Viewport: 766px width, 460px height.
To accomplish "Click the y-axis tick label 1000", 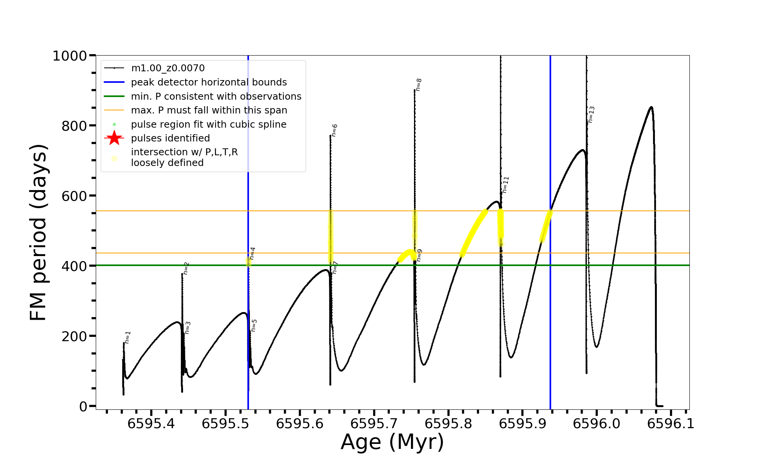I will pyautogui.click(x=70, y=56).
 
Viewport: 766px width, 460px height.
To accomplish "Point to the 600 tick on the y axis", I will pyautogui.click(x=74, y=196).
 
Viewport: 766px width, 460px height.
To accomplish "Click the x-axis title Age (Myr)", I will pyautogui.click(x=392, y=442).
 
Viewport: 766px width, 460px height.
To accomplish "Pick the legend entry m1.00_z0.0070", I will pyautogui.click(x=168, y=68).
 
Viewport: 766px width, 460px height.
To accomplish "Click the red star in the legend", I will pyautogui.click(x=114, y=138).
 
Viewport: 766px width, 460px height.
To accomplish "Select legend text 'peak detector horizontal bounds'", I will pyautogui.click(x=209, y=82).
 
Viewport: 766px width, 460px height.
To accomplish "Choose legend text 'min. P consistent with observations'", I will pyautogui.click(x=216, y=96).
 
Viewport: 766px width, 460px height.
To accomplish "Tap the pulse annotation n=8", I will pyautogui.click(x=419, y=85).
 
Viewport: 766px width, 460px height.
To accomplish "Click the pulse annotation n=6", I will pyautogui.click(x=334, y=130).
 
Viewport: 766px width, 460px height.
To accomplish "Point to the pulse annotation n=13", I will pyautogui.click(x=591, y=115).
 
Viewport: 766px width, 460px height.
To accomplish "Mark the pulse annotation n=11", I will pyautogui.click(x=506, y=185).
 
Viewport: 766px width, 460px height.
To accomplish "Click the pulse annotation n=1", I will pyautogui.click(x=128, y=337).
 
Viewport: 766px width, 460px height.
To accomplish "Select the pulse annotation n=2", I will pyautogui.click(x=186, y=268).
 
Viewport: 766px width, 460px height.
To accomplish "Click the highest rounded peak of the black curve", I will pyautogui.click(x=651, y=107).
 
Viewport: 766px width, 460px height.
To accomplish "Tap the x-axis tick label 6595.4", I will pyautogui.click(x=151, y=424).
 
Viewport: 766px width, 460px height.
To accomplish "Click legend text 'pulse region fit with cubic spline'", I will pyautogui.click(x=208, y=125).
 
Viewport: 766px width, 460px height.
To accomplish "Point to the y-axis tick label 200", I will pyautogui.click(x=74, y=336).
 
